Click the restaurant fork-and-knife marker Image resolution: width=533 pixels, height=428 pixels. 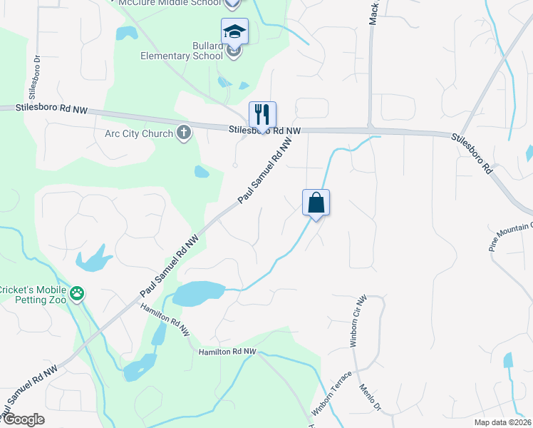tap(262, 114)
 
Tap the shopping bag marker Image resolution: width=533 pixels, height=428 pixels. tap(316, 203)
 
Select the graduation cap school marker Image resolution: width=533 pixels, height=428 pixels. tap(234, 31)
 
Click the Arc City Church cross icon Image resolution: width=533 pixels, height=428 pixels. tap(184, 132)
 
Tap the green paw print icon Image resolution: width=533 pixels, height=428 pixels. tap(77, 293)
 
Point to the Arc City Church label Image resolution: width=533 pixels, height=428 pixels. tap(139, 133)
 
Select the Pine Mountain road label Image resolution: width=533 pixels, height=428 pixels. tap(510, 236)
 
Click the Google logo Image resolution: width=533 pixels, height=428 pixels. tap(23, 419)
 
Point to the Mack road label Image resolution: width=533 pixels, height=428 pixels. tap(373, 12)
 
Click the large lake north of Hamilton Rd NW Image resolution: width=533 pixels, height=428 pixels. tap(195, 292)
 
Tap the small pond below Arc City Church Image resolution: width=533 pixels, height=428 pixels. tap(202, 171)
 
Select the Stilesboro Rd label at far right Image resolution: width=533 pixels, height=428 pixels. tap(472, 153)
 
